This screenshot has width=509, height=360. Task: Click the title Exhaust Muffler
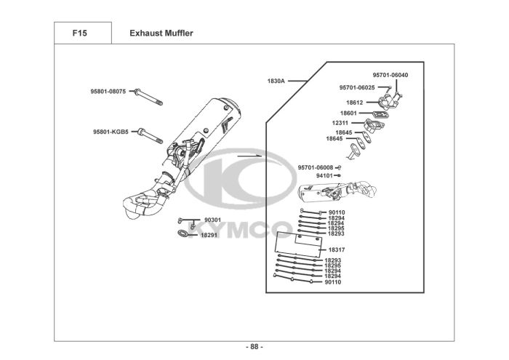point(161,33)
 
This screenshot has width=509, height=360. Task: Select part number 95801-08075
point(108,92)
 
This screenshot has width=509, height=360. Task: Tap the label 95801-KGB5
point(111,132)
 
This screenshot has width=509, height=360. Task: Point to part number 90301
point(212,220)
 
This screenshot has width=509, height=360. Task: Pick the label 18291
point(209,235)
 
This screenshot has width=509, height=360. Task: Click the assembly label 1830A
point(276,81)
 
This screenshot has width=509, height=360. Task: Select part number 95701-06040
point(390,75)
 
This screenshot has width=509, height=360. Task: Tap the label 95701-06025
point(357,87)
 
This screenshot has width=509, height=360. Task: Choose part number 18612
point(355,103)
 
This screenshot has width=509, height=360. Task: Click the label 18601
point(348,113)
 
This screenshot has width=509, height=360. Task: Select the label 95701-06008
point(316,167)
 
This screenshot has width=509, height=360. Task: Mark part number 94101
point(324,176)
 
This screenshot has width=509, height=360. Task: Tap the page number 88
point(254,346)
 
